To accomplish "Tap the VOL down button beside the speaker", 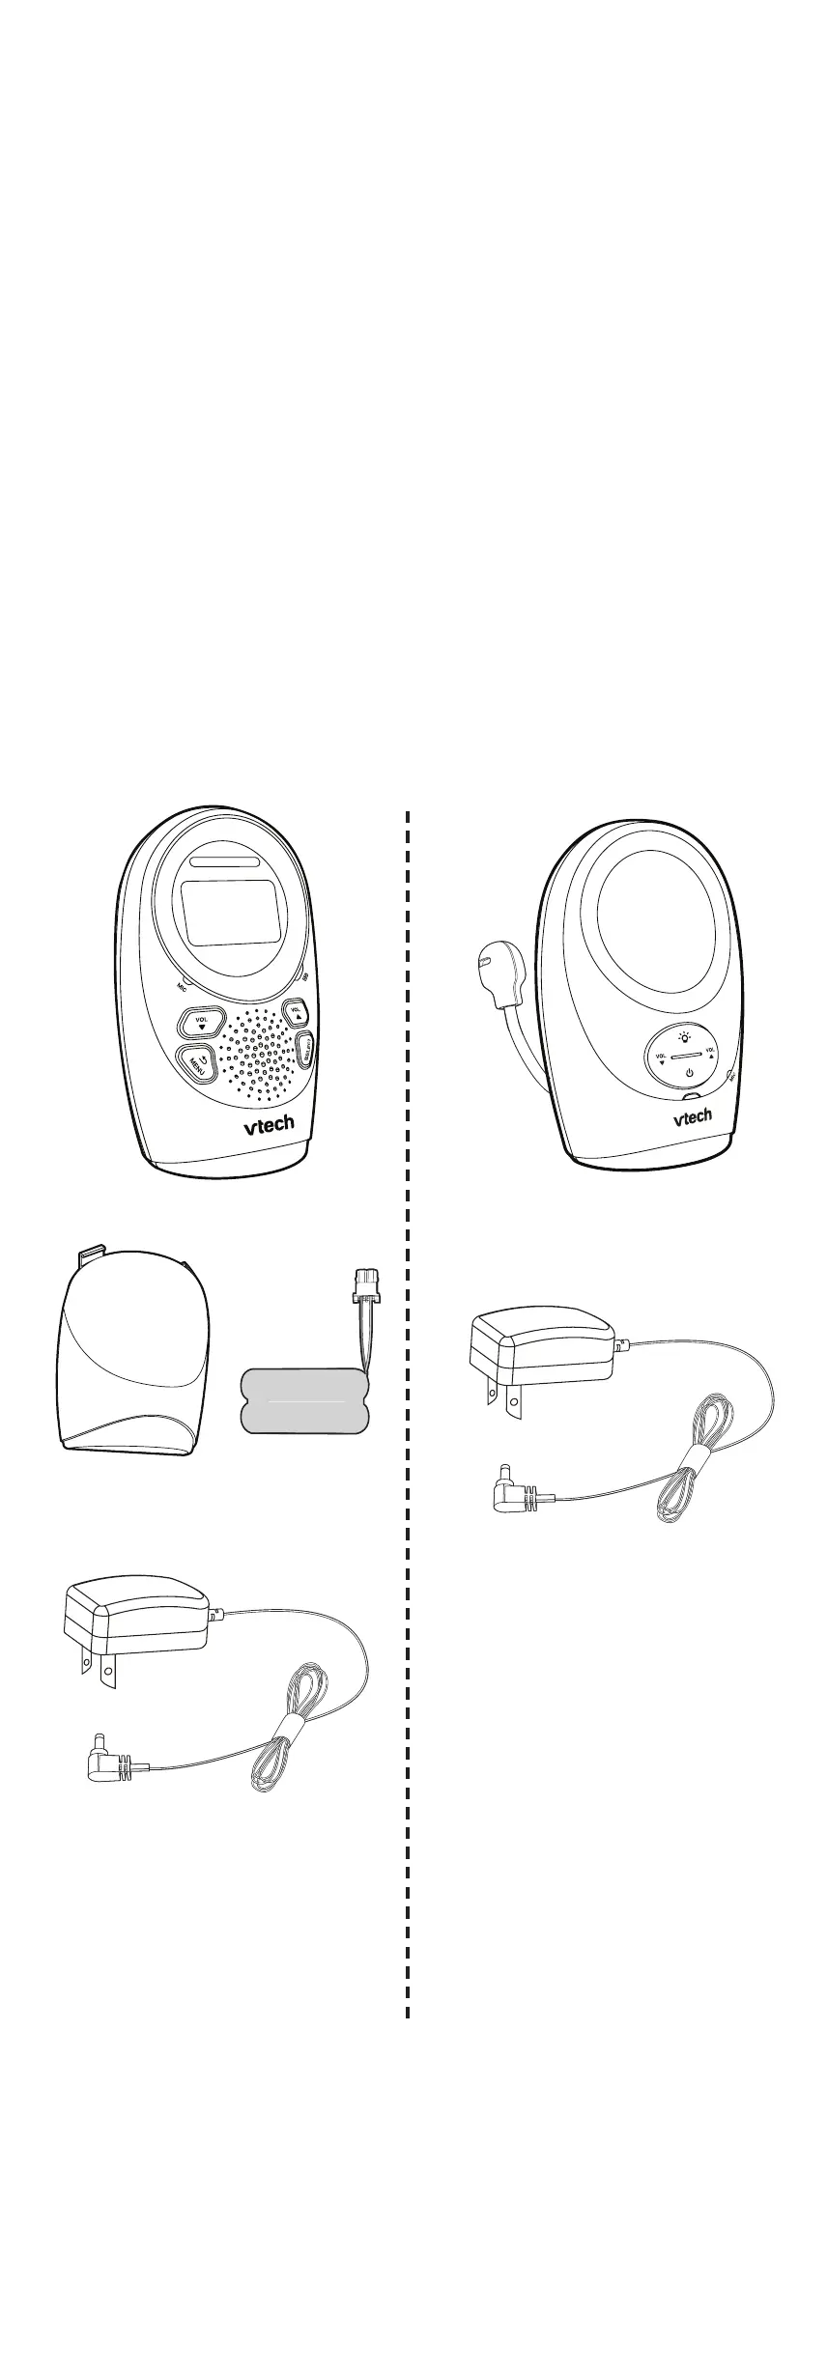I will point(201,1022).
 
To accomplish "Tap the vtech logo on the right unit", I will point(692,1117).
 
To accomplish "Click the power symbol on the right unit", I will point(689,1074).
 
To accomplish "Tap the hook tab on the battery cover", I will point(89,1255).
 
